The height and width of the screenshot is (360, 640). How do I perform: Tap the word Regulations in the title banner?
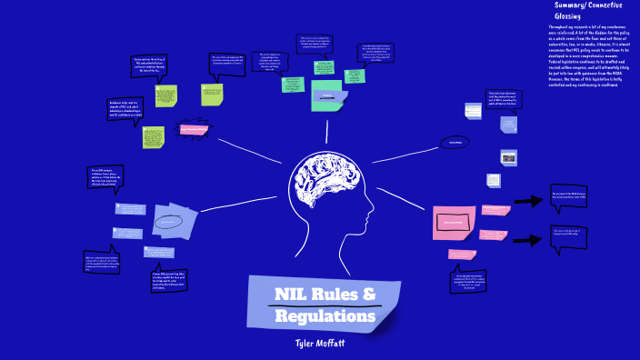tap(326, 316)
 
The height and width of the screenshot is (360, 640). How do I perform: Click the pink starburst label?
tap(194, 130)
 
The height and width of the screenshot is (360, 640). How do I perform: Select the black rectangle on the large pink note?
tap(455, 221)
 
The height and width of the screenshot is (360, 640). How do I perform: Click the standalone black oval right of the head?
tap(455, 142)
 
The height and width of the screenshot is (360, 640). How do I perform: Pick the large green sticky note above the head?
tap(331, 95)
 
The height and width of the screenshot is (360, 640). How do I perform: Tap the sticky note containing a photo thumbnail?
tap(508, 157)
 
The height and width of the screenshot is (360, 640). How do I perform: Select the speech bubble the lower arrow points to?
tap(568, 235)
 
